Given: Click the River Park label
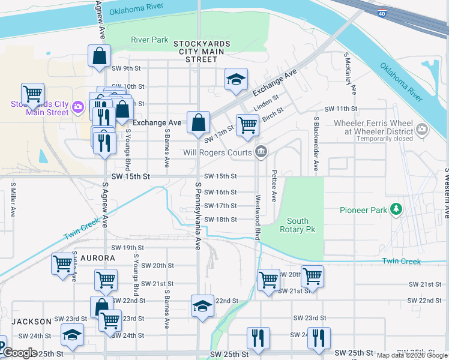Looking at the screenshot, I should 149,40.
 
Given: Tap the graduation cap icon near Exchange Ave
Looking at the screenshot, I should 236,79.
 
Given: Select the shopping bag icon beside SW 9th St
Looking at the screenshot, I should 98,56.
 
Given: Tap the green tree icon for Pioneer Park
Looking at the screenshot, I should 396,209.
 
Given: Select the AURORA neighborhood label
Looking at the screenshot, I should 95,258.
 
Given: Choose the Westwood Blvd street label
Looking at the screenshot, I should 258,217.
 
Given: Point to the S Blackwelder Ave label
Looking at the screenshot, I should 315,143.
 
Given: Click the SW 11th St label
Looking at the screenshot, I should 340,109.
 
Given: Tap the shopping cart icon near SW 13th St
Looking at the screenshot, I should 247,125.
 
